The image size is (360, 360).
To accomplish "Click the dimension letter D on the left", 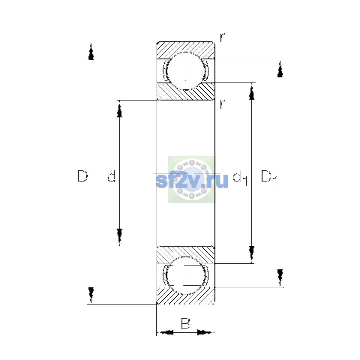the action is click(82, 176).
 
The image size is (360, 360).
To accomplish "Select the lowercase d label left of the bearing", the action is click(112, 176).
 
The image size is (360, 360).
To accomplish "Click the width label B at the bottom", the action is click(185, 323).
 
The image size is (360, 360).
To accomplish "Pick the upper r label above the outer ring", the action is click(222, 37).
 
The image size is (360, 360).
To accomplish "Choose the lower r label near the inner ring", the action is click(222, 104).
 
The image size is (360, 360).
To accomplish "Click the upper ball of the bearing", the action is click(186, 71).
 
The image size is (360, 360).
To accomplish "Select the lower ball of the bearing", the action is click(186, 275).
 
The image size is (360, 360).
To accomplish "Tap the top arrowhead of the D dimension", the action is click(91, 51).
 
